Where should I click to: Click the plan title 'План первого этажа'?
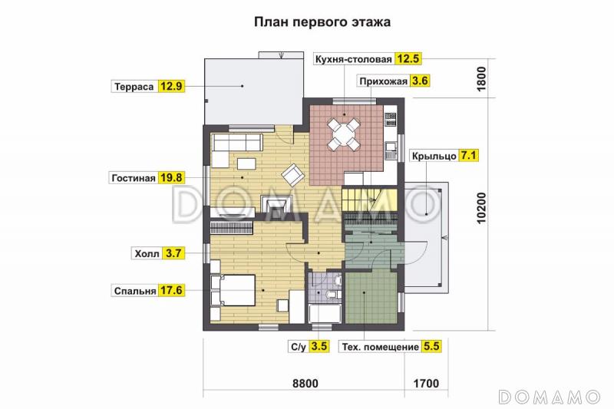pos(322,22)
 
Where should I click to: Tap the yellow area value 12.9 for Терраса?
pos(172,86)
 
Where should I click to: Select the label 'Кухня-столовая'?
pos(353,59)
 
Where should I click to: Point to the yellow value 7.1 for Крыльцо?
pos(469,156)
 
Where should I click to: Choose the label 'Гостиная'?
pos(134,178)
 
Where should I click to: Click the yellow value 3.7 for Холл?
pos(172,252)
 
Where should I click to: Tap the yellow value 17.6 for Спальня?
pos(172,292)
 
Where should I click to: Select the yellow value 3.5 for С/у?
pos(319,347)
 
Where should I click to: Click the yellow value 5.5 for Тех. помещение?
pos(431,347)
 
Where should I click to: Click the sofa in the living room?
pos(237,142)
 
